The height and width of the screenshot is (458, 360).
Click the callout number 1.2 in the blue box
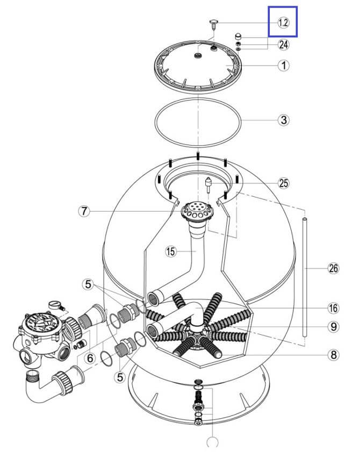point(283,23)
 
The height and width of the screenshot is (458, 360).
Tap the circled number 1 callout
point(283,66)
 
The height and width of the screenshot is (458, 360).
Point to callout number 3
point(284,120)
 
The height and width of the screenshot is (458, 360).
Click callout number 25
point(284,183)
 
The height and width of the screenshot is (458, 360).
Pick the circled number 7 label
point(84,211)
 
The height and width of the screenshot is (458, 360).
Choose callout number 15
point(171,251)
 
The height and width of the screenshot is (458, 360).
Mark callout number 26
point(334,268)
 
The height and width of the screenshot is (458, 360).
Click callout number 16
point(334,308)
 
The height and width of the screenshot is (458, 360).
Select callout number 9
point(334,326)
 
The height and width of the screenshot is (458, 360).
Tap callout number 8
point(334,355)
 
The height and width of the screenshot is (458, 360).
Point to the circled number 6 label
point(90,358)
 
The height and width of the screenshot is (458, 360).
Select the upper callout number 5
point(88,284)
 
